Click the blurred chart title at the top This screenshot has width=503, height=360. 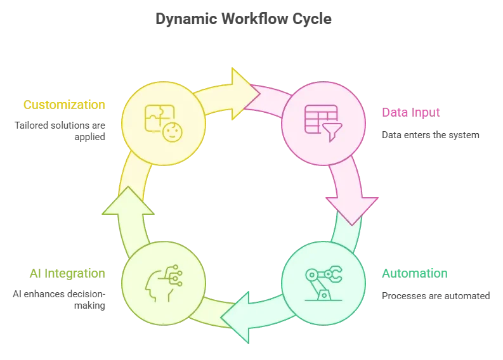click(243, 19)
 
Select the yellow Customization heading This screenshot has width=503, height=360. click(63, 105)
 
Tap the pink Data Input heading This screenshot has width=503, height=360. click(410, 113)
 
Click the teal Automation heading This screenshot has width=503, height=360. click(415, 274)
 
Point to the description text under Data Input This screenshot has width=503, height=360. click(431, 135)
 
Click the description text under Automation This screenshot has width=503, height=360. click(436, 295)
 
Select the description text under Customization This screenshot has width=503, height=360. click(65, 131)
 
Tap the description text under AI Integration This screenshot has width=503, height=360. click(65, 300)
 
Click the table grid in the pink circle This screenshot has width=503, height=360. click(318, 117)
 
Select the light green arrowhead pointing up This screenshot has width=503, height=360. click(125, 202)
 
